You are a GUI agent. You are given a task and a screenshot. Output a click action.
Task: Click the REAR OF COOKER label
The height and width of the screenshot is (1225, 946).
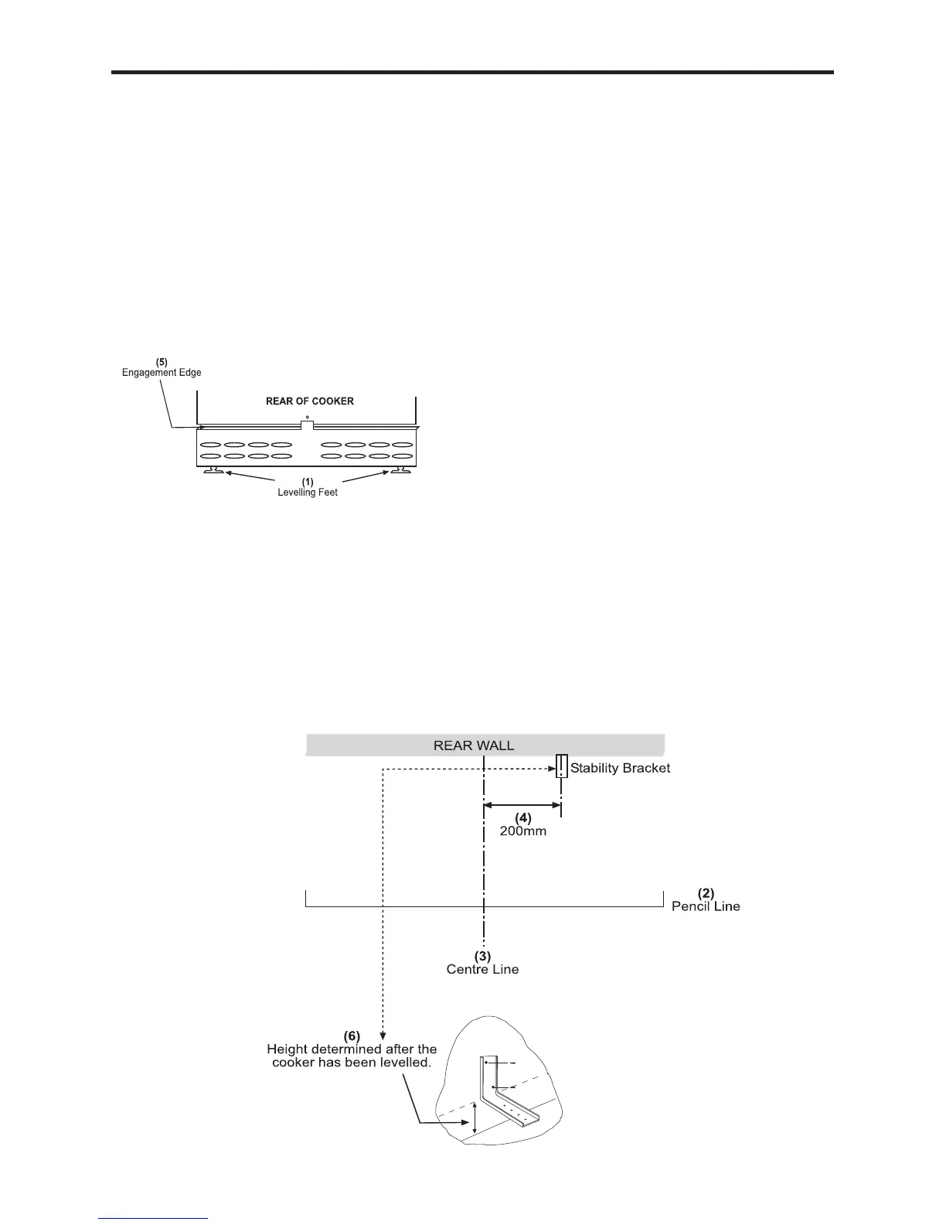pyautogui.click(x=309, y=401)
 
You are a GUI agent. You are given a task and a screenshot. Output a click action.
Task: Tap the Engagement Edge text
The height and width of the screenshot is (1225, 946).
pyautogui.click(x=162, y=373)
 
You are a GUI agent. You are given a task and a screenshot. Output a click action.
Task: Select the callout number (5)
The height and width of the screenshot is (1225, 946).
pyautogui.click(x=162, y=362)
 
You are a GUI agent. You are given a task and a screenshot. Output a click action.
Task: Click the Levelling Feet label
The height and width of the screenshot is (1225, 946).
pyautogui.click(x=308, y=493)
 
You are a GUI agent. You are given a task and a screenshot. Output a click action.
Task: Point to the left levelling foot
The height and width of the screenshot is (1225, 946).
pyautogui.click(x=213, y=470)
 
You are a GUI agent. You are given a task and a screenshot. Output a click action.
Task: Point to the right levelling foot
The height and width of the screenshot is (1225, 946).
pyautogui.click(x=400, y=470)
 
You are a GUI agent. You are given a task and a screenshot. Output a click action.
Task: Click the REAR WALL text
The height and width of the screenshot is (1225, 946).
pyautogui.click(x=473, y=746)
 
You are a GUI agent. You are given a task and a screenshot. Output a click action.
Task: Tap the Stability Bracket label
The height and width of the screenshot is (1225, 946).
pyautogui.click(x=620, y=768)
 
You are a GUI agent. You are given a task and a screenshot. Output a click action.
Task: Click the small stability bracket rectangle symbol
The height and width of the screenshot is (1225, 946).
pyautogui.click(x=561, y=766)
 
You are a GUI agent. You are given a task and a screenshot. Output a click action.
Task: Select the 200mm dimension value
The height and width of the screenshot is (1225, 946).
pyautogui.click(x=522, y=832)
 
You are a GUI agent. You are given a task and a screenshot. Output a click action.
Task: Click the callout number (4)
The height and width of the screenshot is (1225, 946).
pyautogui.click(x=523, y=818)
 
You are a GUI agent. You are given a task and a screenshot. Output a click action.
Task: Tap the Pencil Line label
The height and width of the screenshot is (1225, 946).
pyautogui.click(x=706, y=906)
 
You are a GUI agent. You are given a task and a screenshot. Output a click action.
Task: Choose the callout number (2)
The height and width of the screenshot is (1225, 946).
pyautogui.click(x=706, y=893)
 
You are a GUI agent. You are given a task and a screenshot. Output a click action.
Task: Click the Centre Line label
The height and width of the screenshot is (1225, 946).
pyautogui.click(x=482, y=969)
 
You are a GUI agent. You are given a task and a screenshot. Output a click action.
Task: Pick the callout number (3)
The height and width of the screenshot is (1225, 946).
pyautogui.click(x=483, y=956)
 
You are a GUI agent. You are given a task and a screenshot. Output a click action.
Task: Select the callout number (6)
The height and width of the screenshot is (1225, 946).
pyautogui.click(x=352, y=1036)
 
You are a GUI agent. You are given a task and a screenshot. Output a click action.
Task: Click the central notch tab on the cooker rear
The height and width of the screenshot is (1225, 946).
pyautogui.click(x=307, y=425)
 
